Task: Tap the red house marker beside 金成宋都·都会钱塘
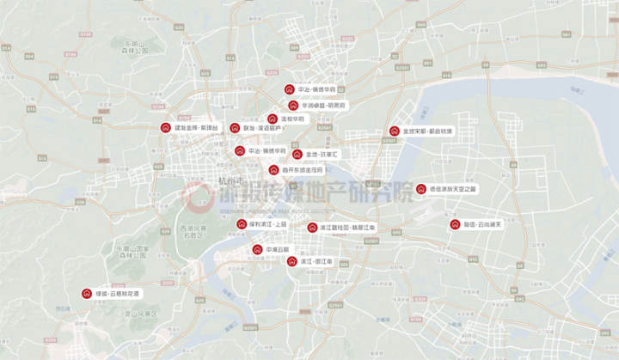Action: [x=394, y=131]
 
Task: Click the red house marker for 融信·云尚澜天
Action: [x=455, y=224]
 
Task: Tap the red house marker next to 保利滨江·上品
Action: [x=242, y=224]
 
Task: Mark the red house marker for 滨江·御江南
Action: [x=291, y=260]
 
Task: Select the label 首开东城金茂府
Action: [x=303, y=169]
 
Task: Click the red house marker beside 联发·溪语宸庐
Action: [x=235, y=128]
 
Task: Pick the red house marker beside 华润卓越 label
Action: [x=293, y=105]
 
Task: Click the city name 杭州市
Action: [x=231, y=180]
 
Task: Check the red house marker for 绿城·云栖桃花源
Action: [x=86, y=293]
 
